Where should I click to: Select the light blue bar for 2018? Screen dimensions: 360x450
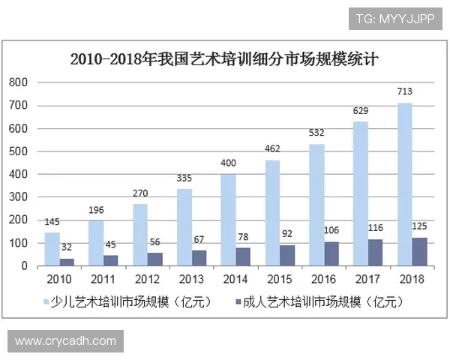(404, 184)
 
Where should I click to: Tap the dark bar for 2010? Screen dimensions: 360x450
(66, 262)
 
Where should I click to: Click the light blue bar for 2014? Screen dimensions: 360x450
(228, 220)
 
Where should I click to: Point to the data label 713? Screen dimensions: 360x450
(405, 92)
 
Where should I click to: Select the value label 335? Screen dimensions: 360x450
(184, 178)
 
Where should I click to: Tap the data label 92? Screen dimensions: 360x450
(287, 232)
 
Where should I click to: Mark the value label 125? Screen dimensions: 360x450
(421, 225)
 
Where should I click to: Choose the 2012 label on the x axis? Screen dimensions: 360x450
(147, 279)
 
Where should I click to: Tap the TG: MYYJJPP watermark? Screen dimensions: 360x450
(394, 17)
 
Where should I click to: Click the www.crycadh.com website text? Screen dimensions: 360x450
(65, 341)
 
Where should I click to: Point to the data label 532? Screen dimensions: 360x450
(316, 133)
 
